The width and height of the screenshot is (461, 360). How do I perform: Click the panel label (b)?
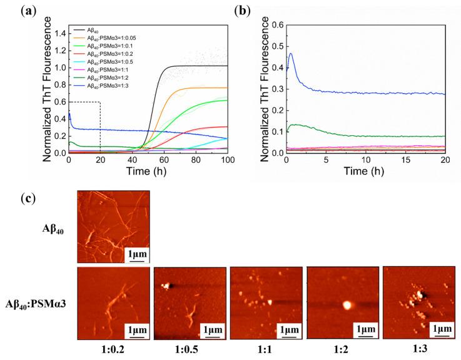pyautogui.click(x=253, y=11)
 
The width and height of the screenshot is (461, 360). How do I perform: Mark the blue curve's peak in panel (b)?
pyautogui.click(x=291, y=54)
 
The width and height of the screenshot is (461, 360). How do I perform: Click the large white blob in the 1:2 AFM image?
pyautogui.click(x=346, y=306)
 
